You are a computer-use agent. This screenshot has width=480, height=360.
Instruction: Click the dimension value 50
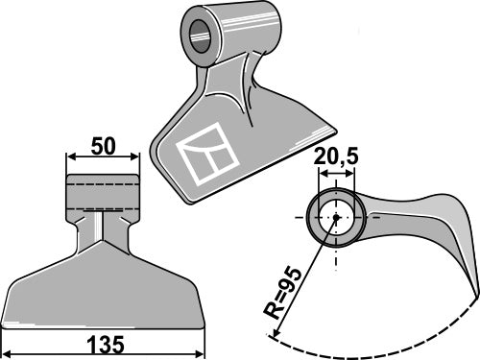(x=103, y=146)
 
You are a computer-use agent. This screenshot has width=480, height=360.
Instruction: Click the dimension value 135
(x=106, y=345)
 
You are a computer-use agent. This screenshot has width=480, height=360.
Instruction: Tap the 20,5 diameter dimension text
(x=336, y=156)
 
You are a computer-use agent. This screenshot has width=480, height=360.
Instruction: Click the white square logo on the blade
(x=208, y=154)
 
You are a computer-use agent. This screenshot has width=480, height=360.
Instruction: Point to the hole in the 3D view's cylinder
(x=201, y=36)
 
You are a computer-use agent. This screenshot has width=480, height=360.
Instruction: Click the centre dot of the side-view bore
(x=336, y=217)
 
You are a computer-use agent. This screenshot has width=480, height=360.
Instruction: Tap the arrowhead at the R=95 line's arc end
(x=275, y=333)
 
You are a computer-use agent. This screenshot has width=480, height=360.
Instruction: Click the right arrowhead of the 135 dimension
(x=200, y=354)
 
